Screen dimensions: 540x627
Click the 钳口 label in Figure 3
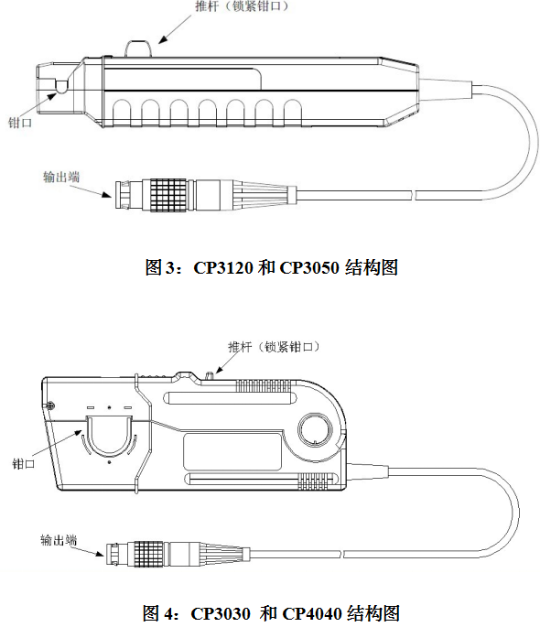point(19,123)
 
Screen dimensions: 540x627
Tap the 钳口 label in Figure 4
point(24,464)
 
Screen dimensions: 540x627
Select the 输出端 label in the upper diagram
point(61,177)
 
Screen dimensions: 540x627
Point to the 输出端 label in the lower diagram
point(59,540)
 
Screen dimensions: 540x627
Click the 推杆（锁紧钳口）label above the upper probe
point(242,6)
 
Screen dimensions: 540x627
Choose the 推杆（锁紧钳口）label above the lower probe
point(275,347)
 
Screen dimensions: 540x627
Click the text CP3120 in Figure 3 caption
point(223,267)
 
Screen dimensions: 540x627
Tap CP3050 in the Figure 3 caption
point(309,267)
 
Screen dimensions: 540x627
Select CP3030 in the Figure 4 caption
point(221,613)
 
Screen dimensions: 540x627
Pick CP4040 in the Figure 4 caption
point(312,613)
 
